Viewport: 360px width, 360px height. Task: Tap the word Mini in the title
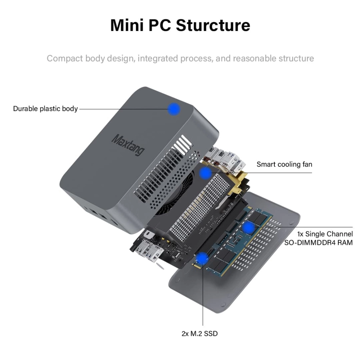(x=126, y=25)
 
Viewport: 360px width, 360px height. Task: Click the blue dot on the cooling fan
(x=206, y=173)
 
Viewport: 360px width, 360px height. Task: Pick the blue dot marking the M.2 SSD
(x=202, y=258)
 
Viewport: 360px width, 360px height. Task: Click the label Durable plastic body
(x=45, y=109)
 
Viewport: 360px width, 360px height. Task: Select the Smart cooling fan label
(x=284, y=165)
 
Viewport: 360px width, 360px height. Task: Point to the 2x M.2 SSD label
(x=199, y=333)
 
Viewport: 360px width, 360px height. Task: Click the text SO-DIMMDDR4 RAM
(x=319, y=243)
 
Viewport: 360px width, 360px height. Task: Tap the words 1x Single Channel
(x=325, y=234)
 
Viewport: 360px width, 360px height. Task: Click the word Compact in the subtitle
(x=65, y=58)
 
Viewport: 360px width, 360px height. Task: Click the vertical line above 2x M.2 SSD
(x=203, y=295)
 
